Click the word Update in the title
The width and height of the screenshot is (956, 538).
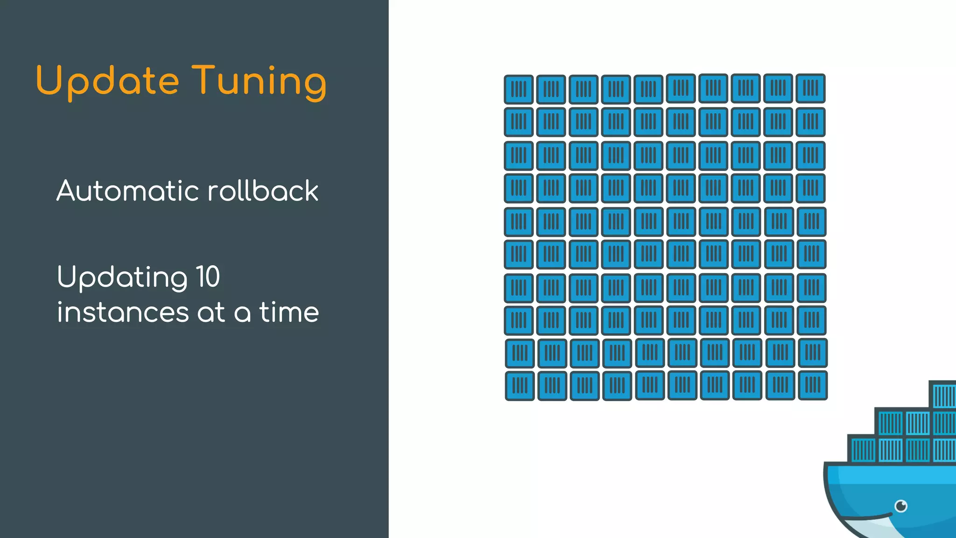pyautogui.click(x=107, y=81)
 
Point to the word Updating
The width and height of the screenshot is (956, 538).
pyautogui.click(x=122, y=277)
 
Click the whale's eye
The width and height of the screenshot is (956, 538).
pyautogui.click(x=901, y=506)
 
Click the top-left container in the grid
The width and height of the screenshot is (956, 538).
pyautogui.click(x=519, y=89)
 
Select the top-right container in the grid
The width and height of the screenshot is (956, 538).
pyautogui.click(x=810, y=88)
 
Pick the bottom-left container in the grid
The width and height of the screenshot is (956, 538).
pyautogui.click(x=520, y=386)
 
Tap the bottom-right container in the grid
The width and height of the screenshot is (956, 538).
pyautogui.click(x=813, y=385)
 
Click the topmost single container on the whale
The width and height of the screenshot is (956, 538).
pyautogui.click(x=943, y=395)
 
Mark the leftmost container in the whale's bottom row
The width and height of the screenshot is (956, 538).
pyautogui.click(x=862, y=450)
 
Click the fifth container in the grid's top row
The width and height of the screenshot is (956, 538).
pyautogui.click(x=648, y=89)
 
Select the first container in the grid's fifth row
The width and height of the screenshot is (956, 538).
pyautogui.click(x=519, y=222)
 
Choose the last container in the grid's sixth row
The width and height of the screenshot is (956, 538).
pyautogui.click(x=811, y=255)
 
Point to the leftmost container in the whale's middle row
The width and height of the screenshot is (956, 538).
pyautogui.click(x=890, y=423)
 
